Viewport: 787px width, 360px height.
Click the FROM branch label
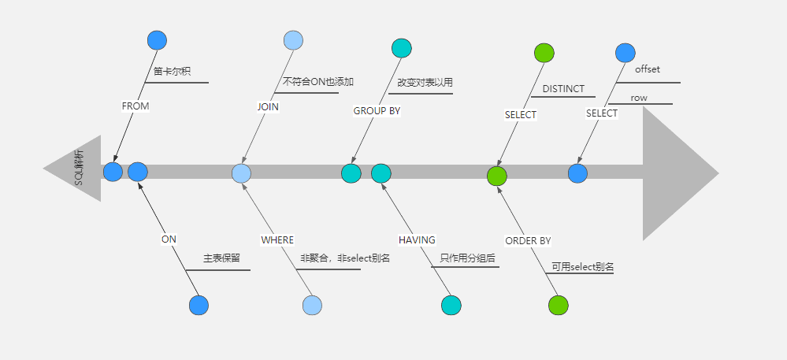(135, 106)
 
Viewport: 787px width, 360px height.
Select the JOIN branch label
(268, 106)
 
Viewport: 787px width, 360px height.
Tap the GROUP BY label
(377, 111)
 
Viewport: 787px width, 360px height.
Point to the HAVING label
(417, 239)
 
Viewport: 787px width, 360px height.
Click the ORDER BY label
(528, 240)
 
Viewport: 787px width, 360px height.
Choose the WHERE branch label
(277, 239)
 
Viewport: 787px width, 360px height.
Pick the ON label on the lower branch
(169, 239)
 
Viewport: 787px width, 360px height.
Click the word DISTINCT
(563, 89)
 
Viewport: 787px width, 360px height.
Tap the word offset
(648, 69)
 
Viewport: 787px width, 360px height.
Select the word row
(639, 98)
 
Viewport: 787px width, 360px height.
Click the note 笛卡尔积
(173, 71)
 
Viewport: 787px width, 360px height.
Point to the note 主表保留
(221, 258)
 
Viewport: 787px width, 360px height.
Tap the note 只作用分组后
(467, 257)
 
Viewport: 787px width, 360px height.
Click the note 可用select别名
(583, 267)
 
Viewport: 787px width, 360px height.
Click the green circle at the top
(544, 53)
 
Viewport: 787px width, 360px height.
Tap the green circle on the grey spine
(497, 175)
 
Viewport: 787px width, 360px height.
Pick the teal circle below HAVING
(451, 305)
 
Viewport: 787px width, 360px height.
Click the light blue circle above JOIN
(293, 40)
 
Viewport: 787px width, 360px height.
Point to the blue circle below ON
(199, 305)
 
